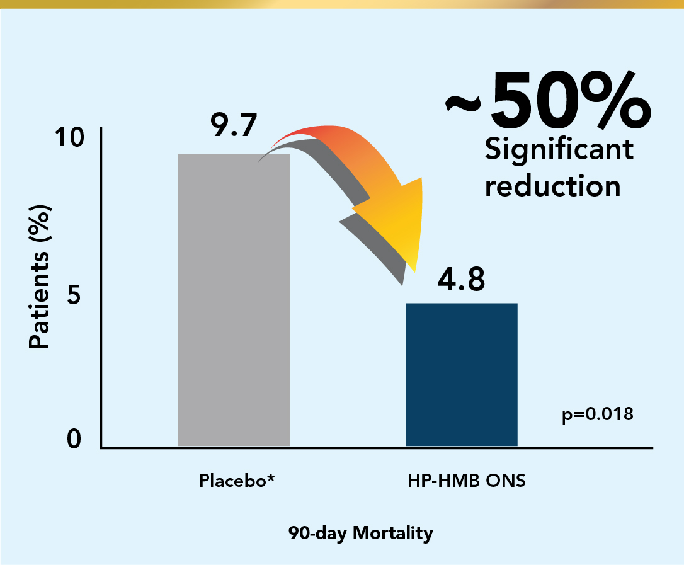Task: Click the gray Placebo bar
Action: (234, 300)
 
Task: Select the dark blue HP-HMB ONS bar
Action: (462, 375)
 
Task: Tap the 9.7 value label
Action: (234, 125)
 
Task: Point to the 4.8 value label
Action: (462, 280)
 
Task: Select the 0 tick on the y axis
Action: (75, 439)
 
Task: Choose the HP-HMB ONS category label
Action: (466, 481)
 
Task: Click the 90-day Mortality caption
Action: (361, 534)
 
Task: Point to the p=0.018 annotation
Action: (597, 415)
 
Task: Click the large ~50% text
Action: (547, 104)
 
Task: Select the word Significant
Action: (559, 150)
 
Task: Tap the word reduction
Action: (553, 186)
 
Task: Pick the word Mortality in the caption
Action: (393, 534)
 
